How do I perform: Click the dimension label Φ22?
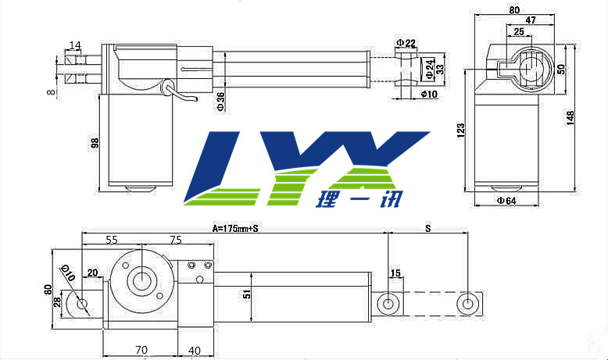pos(405,42)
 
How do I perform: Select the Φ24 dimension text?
pos(430,69)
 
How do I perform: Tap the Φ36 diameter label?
pos(221,102)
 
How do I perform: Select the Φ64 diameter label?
pos(506,201)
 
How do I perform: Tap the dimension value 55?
pos(111,240)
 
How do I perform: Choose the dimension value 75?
pos(175,240)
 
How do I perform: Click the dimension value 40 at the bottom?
pos(195,351)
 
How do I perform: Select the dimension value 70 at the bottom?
pos(141,351)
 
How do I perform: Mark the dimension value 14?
pos(75,45)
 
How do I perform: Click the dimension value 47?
pos(530,20)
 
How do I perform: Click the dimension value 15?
pos(395,273)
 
